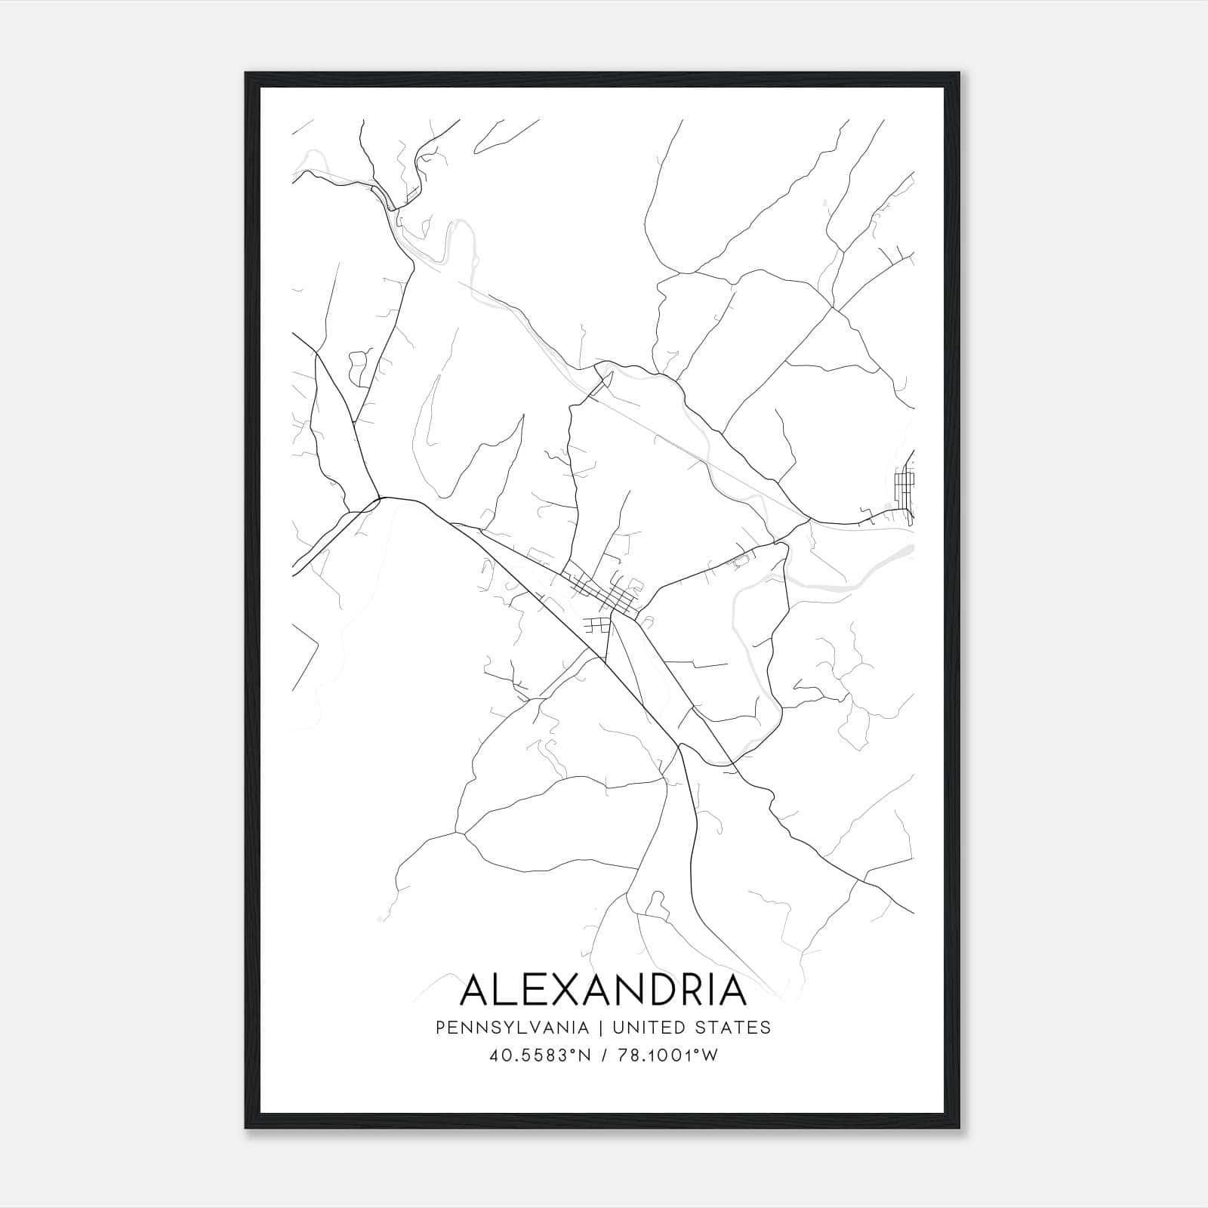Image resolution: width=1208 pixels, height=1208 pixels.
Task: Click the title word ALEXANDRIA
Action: point(603,990)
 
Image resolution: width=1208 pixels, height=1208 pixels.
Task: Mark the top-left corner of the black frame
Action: point(246,73)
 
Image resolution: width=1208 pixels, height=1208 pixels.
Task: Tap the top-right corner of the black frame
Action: point(960,73)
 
